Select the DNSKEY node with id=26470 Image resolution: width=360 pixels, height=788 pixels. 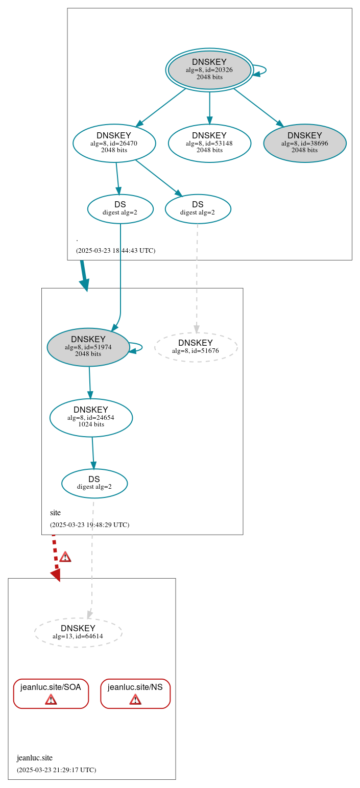(x=114, y=143)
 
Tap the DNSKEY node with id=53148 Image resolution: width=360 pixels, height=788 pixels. (x=209, y=143)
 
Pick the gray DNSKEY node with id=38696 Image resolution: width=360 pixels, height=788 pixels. (x=305, y=143)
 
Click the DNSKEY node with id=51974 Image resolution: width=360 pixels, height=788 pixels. (x=88, y=347)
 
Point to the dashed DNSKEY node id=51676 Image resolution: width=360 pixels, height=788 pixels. (x=196, y=347)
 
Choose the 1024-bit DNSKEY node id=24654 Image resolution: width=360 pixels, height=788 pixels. (x=91, y=417)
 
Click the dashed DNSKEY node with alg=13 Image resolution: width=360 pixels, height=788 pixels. (x=78, y=632)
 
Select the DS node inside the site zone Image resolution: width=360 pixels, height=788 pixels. (x=94, y=483)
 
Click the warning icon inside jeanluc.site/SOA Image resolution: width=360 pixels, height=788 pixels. (x=51, y=699)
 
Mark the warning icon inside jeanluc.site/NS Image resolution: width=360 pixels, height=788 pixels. (x=135, y=699)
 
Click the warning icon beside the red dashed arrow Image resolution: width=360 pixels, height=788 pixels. (x=65, y=557)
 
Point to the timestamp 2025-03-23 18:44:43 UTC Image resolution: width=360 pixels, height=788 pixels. (x=116, y=251)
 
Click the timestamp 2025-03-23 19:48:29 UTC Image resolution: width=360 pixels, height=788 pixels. (x=90, y=525)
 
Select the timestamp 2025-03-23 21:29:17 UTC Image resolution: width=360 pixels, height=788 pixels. (x=56, y=770)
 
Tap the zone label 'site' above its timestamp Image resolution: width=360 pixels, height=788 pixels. (x=55, y=513)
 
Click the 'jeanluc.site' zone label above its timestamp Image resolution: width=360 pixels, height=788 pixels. (x=35, y=758)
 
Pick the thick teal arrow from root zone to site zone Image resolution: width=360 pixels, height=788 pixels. (x=84, y=276)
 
